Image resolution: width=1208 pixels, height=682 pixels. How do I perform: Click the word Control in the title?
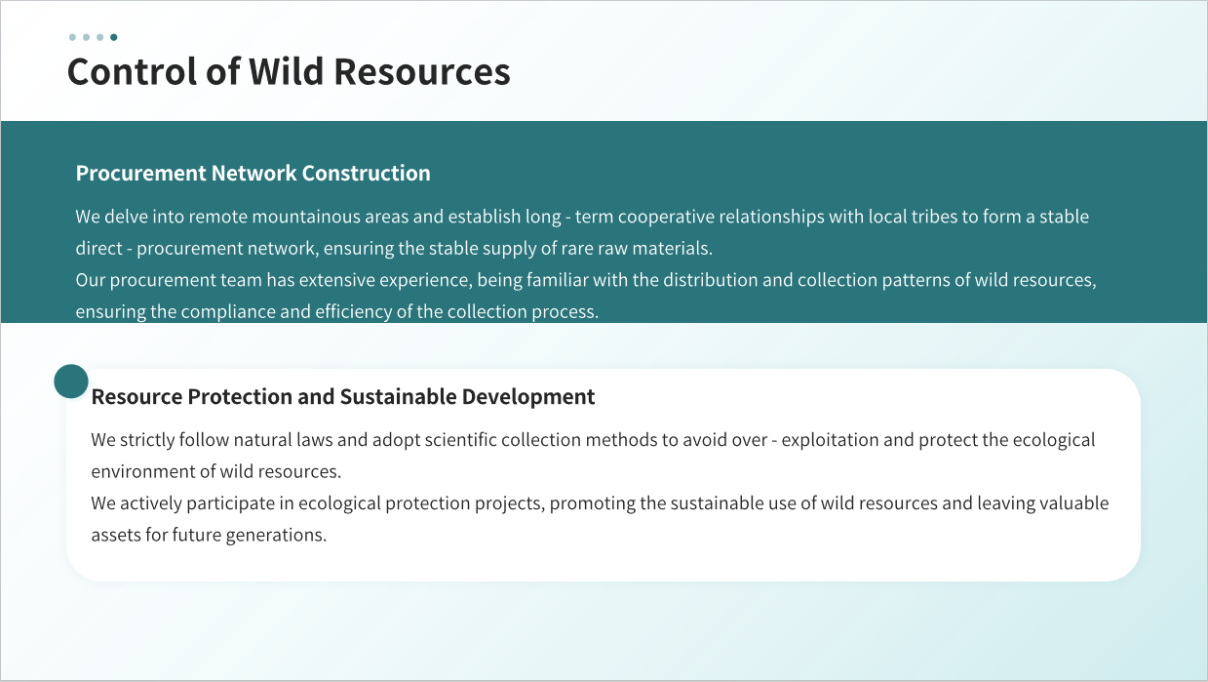click(133, 72)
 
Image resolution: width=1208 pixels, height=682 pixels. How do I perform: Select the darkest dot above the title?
click(114, 37)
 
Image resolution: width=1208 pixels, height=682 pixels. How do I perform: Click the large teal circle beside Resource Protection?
click(71, 381)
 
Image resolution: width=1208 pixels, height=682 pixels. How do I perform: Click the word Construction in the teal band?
click(367, 174)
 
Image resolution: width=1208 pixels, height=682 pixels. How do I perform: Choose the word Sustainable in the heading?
click(399, 396)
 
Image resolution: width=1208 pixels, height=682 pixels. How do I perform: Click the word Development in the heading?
click(528, 397)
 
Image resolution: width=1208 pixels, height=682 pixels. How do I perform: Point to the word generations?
click(276, 536)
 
